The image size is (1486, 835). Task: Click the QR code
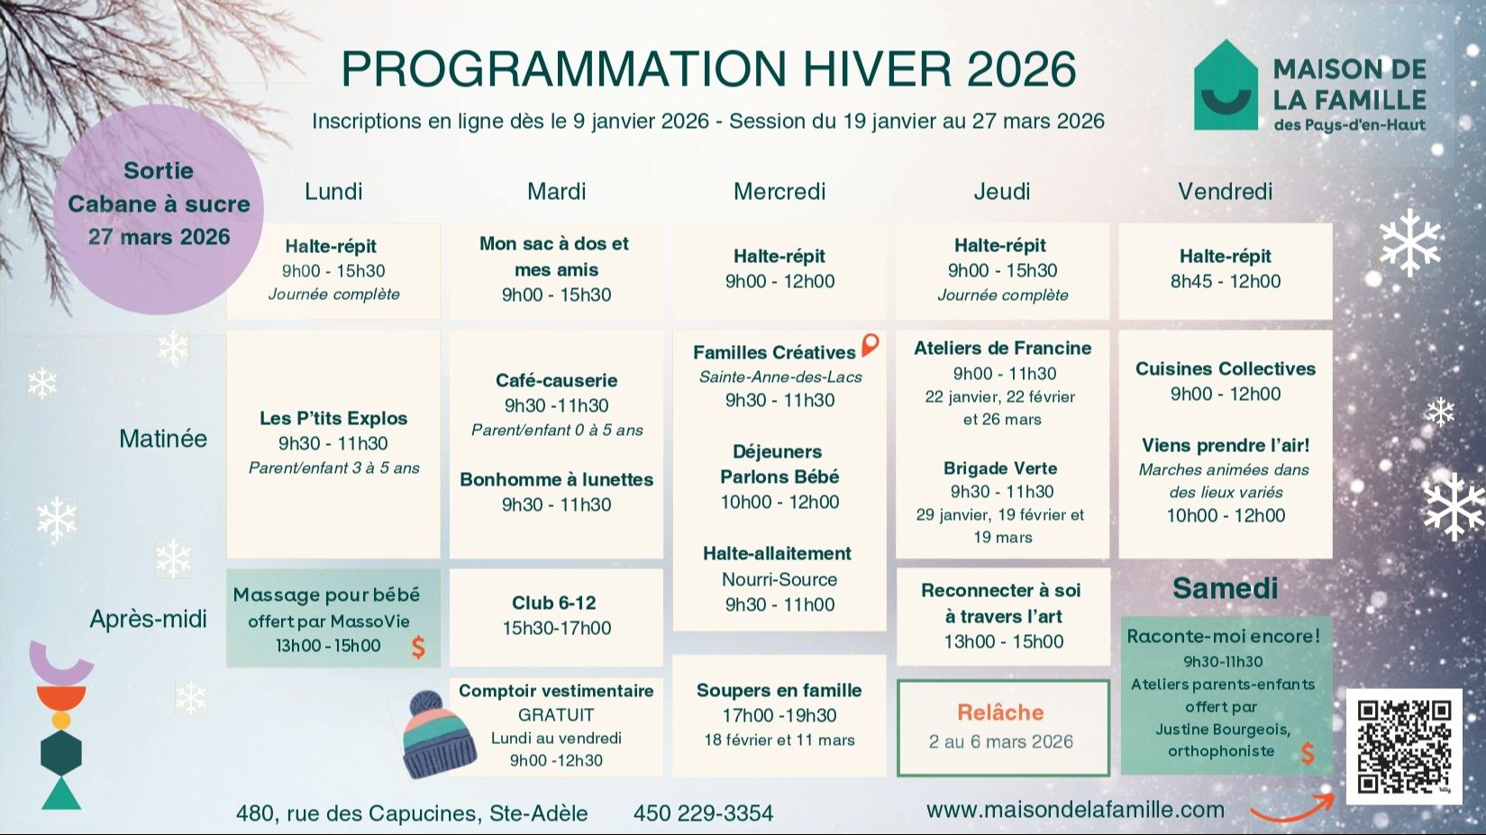tap(1404, 747)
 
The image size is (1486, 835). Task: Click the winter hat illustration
tap(439, 735)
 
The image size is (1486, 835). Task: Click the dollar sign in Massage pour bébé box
tap(418, 647)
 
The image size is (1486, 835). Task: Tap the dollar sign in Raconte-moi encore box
tap(1308, 753)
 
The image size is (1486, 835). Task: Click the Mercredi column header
tap(779, 192)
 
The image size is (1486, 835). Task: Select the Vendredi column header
tap(1226, 192)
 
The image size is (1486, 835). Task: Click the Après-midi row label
tap(148, 620)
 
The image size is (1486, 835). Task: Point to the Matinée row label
tap(163, 439)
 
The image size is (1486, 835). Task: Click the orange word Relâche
tap(1000, 712)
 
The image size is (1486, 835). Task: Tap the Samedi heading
tap(1226, 588)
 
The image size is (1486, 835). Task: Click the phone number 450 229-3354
tap(703, 813)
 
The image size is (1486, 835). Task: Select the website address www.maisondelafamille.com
tap(1075, 810)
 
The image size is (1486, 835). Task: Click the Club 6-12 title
tap(554, 603)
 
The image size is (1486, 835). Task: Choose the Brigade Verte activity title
tap(1000, 468)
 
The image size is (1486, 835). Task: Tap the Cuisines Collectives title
tap(1226, 368)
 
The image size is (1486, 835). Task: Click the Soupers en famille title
tap(779, 690)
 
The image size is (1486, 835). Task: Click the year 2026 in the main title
tap(1022, 69)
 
